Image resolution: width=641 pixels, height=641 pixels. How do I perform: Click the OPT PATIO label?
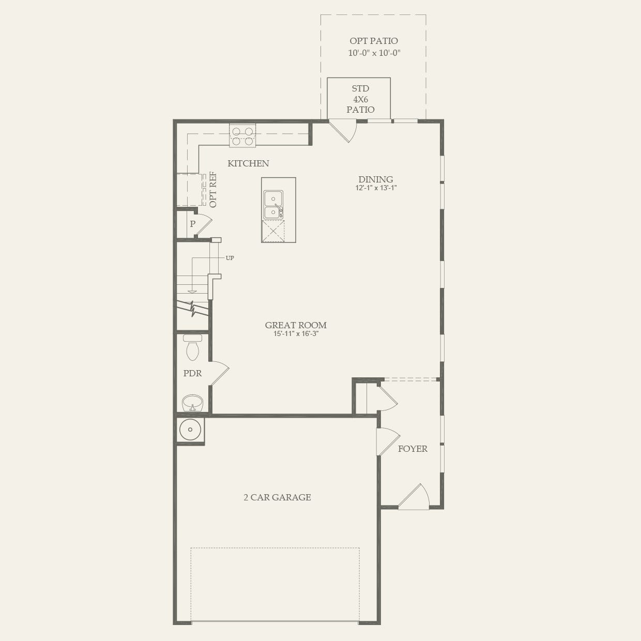[x=374, y=41]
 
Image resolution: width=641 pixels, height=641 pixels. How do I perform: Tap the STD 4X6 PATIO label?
[x=360, y=99]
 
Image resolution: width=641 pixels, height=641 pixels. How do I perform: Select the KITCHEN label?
[x=248, y=163]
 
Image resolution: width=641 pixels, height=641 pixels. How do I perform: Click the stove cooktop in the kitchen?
[x=242, y=135]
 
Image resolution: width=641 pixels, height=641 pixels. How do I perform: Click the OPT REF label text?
[x=213, y=190]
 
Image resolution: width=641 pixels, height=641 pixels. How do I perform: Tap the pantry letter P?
[x=192, y=224]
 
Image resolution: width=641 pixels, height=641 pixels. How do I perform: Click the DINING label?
[x=376, y=179]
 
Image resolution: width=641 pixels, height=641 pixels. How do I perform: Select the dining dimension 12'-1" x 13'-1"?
[x=376, y=188]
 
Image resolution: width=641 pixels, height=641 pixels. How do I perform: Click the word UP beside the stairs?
[x=230, y=258]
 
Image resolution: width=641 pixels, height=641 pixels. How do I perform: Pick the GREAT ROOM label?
[x=296, y=325]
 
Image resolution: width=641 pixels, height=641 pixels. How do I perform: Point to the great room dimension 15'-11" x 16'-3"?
[x=296, y=334]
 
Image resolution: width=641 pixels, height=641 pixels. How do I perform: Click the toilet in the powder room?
[x=193, y=347]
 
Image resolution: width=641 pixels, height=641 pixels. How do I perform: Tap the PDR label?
[x=192, y=373]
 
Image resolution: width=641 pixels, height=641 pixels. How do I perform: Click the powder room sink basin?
[x=192, y=403]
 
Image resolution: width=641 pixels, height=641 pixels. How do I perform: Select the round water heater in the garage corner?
[x=190, y=430]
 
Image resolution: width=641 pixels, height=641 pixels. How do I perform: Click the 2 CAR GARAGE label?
[x=277, y=497]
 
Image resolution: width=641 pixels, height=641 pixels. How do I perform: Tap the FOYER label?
[x=413, y=449]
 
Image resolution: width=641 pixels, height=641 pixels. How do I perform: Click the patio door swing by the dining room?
[x=344, y=131]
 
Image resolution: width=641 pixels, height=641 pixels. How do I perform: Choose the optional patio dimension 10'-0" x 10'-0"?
[x=374, y=53]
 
